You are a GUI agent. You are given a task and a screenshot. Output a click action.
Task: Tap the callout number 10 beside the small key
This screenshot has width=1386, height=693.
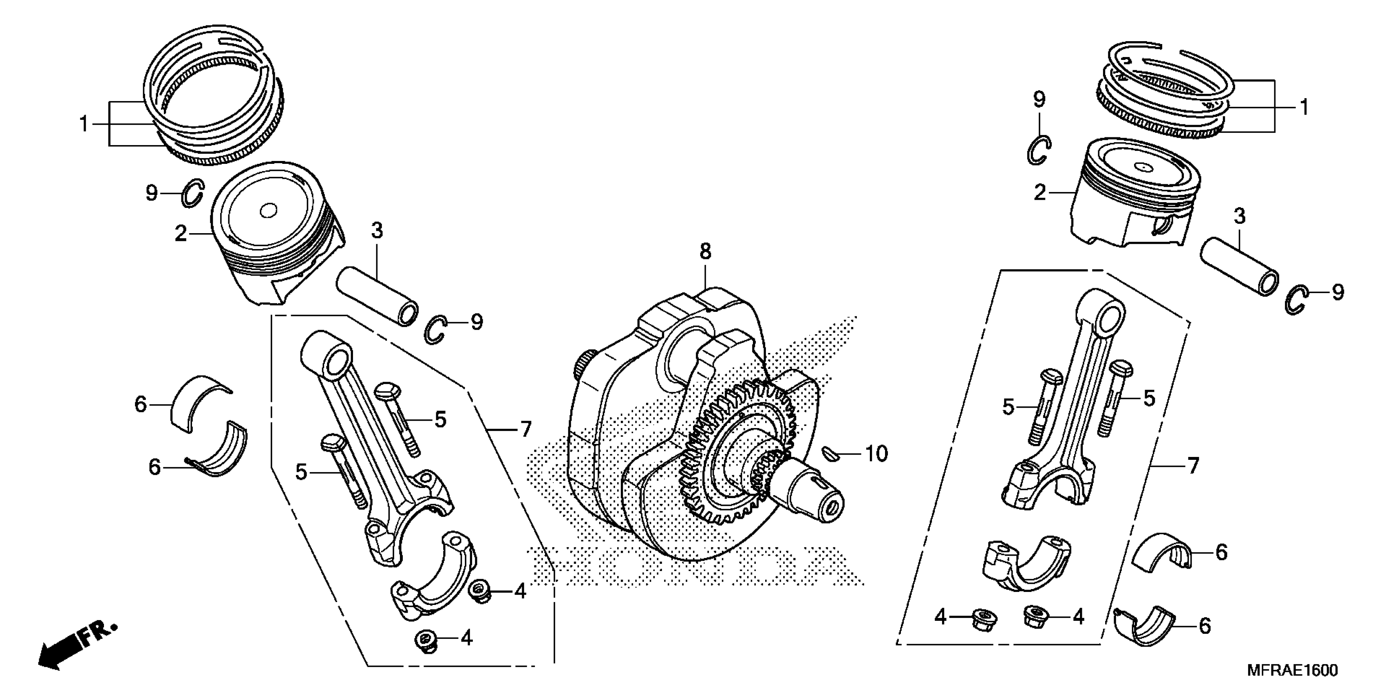pos(876,454)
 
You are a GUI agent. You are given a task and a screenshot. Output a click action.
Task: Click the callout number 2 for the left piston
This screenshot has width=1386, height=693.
pos(181,234)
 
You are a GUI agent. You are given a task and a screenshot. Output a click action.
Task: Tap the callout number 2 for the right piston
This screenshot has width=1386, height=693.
pos(1040,193)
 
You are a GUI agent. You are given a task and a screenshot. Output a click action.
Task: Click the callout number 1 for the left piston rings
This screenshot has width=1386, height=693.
pos(84,124)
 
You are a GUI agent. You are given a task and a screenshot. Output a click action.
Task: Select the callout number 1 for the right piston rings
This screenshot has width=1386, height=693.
pos(1304,107)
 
